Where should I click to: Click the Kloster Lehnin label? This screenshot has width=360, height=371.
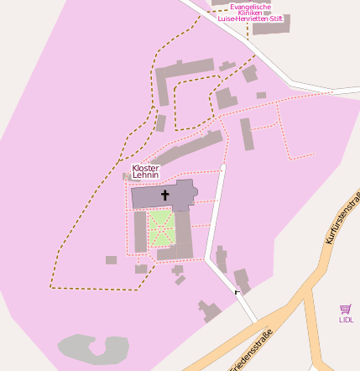tap(145, 171)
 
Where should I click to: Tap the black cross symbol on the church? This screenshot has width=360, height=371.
tap(164, 196)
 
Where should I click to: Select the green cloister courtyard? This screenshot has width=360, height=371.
tap(161, 227)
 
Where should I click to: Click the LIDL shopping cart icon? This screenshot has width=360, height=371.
tap(346, 309)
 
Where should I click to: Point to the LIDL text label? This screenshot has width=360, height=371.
tap(346, 320)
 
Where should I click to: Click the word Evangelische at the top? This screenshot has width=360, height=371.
tap(251, 7)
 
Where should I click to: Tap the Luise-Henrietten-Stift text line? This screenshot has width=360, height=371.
tap(251, 18)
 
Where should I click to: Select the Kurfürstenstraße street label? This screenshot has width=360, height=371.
tap(342, 217)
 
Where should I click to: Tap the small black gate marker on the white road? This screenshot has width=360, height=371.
tap(237, 291)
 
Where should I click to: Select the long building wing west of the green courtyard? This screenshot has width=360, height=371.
tap(140, 231)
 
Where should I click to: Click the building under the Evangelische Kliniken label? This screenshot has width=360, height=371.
tap(271, 26)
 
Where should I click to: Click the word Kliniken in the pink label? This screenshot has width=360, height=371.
tap(251, 13)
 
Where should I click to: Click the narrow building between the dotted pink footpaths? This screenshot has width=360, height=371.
tap(247, 133)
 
